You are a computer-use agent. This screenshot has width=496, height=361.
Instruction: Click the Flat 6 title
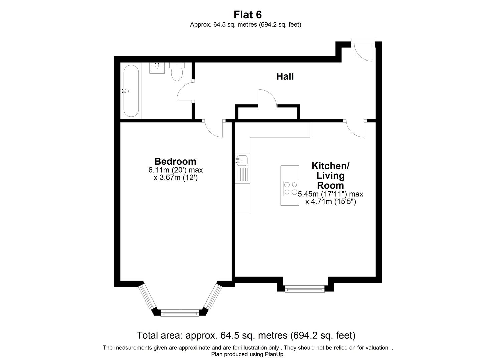247,15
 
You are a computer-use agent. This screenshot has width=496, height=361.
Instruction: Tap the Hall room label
285,76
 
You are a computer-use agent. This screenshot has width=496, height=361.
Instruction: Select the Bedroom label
175,161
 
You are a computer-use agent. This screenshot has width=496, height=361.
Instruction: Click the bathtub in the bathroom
131,91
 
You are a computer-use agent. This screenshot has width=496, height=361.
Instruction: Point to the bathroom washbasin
157,68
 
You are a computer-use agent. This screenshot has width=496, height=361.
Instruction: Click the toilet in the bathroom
177,71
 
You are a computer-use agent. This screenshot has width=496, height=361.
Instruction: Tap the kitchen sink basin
242,160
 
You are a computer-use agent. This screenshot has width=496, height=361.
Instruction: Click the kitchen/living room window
305,289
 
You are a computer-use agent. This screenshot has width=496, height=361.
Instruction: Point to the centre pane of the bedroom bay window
180,313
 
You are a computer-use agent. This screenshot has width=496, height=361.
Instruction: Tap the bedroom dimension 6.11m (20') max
176,170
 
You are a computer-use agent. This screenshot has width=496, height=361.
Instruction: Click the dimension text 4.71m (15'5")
331,202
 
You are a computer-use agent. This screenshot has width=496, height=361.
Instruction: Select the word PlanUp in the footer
275,354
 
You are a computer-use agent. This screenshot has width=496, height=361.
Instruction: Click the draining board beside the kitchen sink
242,175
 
